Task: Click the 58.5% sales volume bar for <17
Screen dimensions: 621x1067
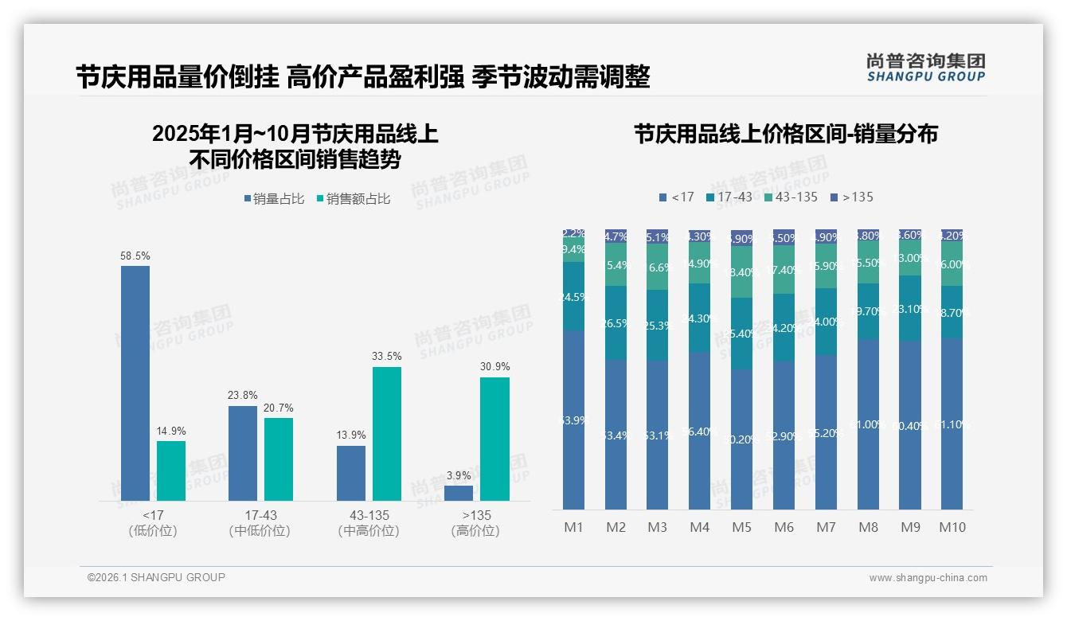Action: (x=135, y=383)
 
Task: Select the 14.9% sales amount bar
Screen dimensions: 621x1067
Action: (x=171, y=471)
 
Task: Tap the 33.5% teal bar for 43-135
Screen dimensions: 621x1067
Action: (x=386, y=434)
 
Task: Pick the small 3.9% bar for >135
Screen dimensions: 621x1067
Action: (x=458, y=493)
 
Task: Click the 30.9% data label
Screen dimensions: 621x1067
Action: (x=494, y=366)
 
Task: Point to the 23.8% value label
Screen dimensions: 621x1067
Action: (x=243, y=395)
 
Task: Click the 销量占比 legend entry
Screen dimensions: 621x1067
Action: (x=274, y=199)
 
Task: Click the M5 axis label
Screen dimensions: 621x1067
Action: (x=741, y=527)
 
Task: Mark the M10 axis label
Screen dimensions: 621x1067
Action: (x=952, y=527)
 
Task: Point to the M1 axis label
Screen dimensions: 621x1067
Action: (x=573, y=527)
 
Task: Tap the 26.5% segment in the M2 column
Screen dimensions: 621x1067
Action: (x=616, y=322)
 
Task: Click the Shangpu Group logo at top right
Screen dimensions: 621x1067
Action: (x=925, y=67)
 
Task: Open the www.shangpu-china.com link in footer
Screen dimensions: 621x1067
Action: (x=928, y=578)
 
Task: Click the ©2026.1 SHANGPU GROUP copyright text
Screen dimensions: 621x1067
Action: (x=156, y=577)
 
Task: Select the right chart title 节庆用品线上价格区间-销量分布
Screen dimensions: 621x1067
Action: (x=785, y=134)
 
